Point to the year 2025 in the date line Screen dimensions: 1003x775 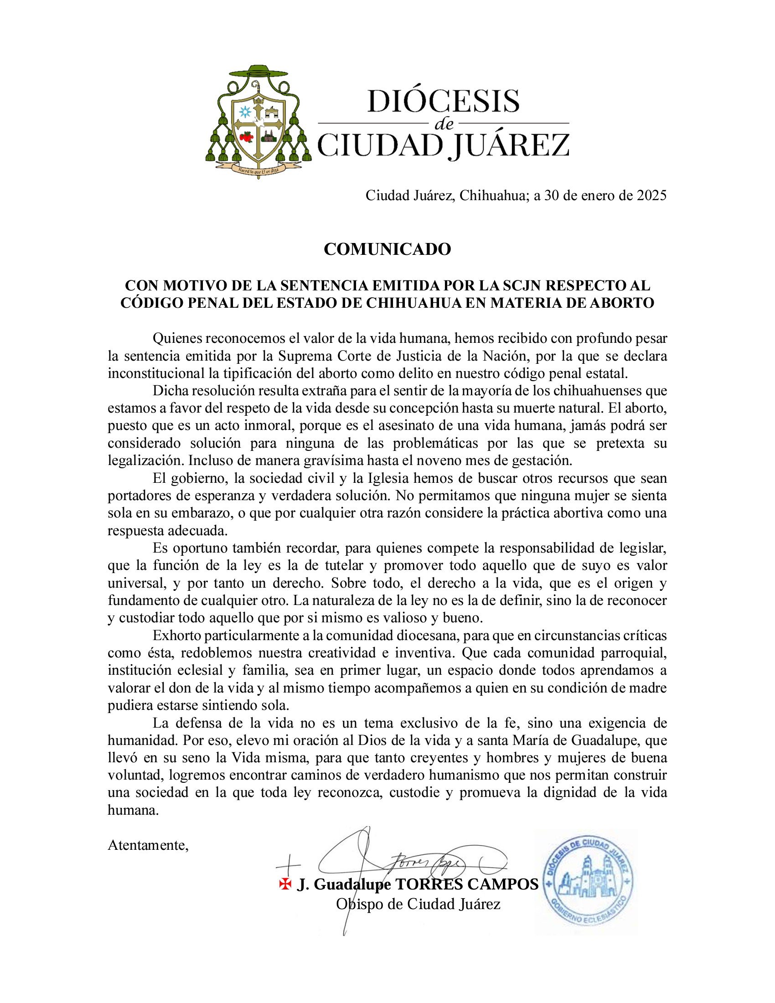pos(649,196)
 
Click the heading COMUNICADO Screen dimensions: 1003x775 pos(387,249)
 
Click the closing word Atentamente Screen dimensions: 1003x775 pos(148,845)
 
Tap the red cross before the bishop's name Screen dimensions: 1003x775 pos(285,884)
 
